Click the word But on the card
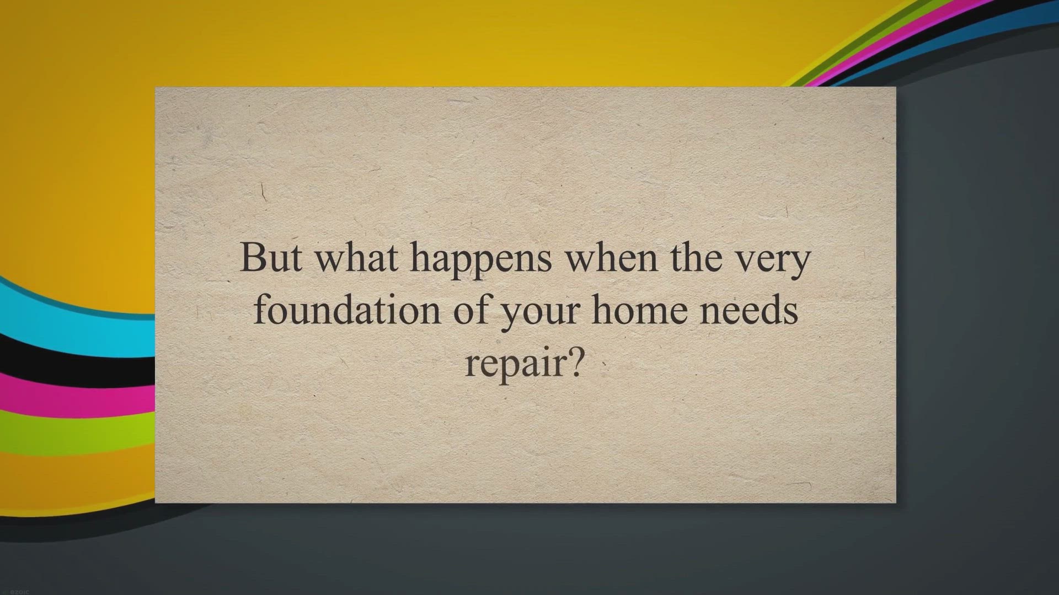tap(271, 257)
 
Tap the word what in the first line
tap(356, 257)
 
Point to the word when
tap(612, 257)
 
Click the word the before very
tap(697, 257)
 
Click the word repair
tap(515, 365)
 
